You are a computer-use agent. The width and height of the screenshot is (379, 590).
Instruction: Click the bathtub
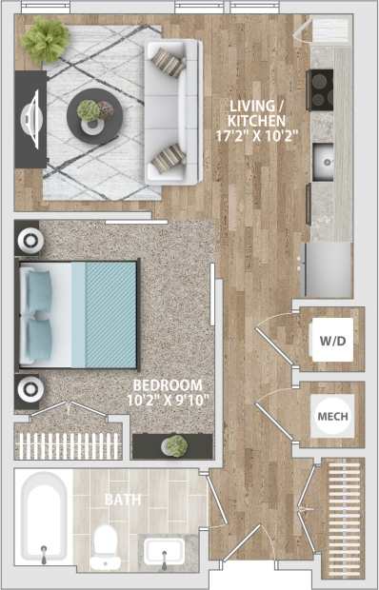click(x=42, y=520)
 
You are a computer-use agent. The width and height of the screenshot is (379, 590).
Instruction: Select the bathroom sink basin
click(x=169, y=550)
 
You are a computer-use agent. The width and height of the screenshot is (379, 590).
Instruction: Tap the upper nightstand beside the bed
click(x=28, y=239)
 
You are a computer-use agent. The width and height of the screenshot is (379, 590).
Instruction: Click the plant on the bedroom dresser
click(x=174, y=445)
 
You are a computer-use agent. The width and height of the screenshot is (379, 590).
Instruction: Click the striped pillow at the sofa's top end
click(x=170, y=63)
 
